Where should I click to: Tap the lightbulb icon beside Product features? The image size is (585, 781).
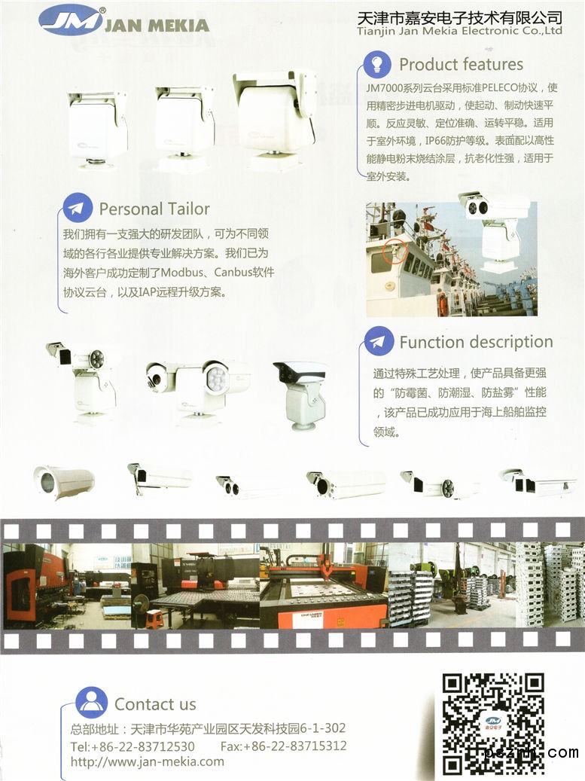(377, 64)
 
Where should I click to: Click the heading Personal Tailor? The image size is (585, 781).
(154, 209)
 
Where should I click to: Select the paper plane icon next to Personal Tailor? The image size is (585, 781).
(77, 208)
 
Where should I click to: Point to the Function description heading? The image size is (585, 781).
(476, 342)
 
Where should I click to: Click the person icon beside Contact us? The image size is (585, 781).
(91, 703)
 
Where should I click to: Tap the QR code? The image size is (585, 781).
(493, 725)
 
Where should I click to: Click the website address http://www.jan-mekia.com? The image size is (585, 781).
(148, 762)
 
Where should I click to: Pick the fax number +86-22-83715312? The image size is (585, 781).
(294, 746)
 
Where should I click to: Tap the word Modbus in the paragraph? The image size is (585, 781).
(182, 273)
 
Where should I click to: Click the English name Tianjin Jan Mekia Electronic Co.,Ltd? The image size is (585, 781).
(459, 31)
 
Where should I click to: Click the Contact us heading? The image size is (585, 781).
(155, 704)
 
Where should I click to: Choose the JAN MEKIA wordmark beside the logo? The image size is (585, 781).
(157, 25)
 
